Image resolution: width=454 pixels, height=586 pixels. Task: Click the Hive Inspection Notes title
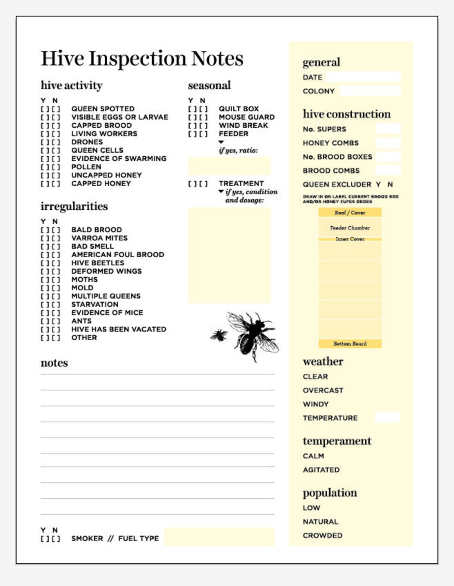click(x=142, y=59)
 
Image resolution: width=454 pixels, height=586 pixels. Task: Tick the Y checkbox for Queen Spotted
click(x=44, y=109)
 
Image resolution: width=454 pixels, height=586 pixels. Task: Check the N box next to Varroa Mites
click(x=55, y=238)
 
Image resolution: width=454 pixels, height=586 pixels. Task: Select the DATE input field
click(x=363, y=77)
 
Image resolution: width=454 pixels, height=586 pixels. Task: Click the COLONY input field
click(x=370, y=91)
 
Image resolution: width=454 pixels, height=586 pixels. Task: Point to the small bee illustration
click(x=219, y=335)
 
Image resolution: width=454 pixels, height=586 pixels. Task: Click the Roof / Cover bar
click(x=350, y=213)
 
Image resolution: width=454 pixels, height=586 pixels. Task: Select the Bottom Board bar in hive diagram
click(x=350, y=343)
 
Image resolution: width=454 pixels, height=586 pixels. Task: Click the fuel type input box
click(x=219, y=537)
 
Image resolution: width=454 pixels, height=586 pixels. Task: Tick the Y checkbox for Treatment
click(x=192, y=184)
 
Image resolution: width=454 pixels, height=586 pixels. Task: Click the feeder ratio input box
click(x=229, y=166)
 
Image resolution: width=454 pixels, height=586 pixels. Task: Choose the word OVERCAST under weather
click(x=323, y=391)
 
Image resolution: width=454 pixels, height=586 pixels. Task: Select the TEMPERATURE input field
click(x=387, y=418)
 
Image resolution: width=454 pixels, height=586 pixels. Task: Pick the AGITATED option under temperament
click(x=321, y=470)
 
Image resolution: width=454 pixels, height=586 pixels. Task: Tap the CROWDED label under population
click(x=322, y=535)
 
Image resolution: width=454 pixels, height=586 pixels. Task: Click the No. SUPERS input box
click(x=387, y=129)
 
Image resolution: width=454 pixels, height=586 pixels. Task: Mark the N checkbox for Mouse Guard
click(x=203, y=117)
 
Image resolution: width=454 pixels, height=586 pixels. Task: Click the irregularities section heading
click(x=74, y=206)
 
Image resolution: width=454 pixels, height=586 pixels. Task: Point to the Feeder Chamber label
click(x=350, y=228)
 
